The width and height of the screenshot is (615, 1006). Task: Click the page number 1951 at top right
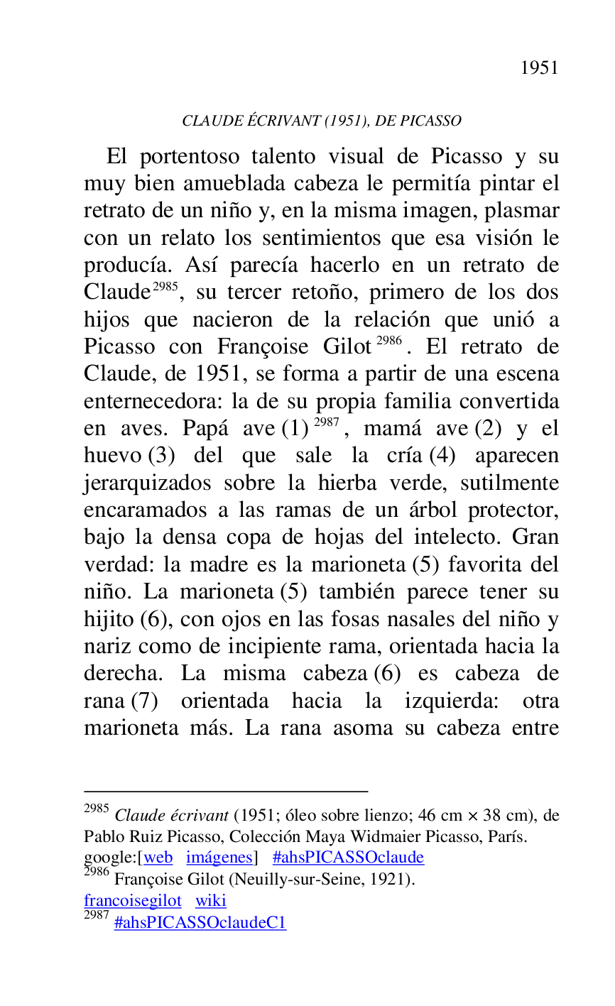click(x=539, y=67)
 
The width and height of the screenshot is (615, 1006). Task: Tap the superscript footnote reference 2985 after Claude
click(x=165, y=287)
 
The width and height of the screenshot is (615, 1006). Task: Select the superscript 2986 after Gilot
click(x=389, y=341)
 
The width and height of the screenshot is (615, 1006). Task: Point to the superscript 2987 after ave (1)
click(x=327, y=423)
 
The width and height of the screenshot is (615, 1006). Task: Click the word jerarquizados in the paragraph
click(x=147, y=483)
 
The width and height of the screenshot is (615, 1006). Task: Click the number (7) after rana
click(x=144, y=701)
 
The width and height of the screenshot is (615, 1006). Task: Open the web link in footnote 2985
click(x=158, y=858)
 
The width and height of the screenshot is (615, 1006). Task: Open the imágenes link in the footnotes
click(x=219, y=858)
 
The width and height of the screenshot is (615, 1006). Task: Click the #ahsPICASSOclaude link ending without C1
click(x=348, y=858)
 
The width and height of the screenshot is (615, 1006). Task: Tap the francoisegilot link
click(x=133, y=901)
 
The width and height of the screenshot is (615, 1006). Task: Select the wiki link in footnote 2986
click(x=211, y=901)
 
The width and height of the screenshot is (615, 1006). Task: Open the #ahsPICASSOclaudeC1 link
click(x=200, y=923)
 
